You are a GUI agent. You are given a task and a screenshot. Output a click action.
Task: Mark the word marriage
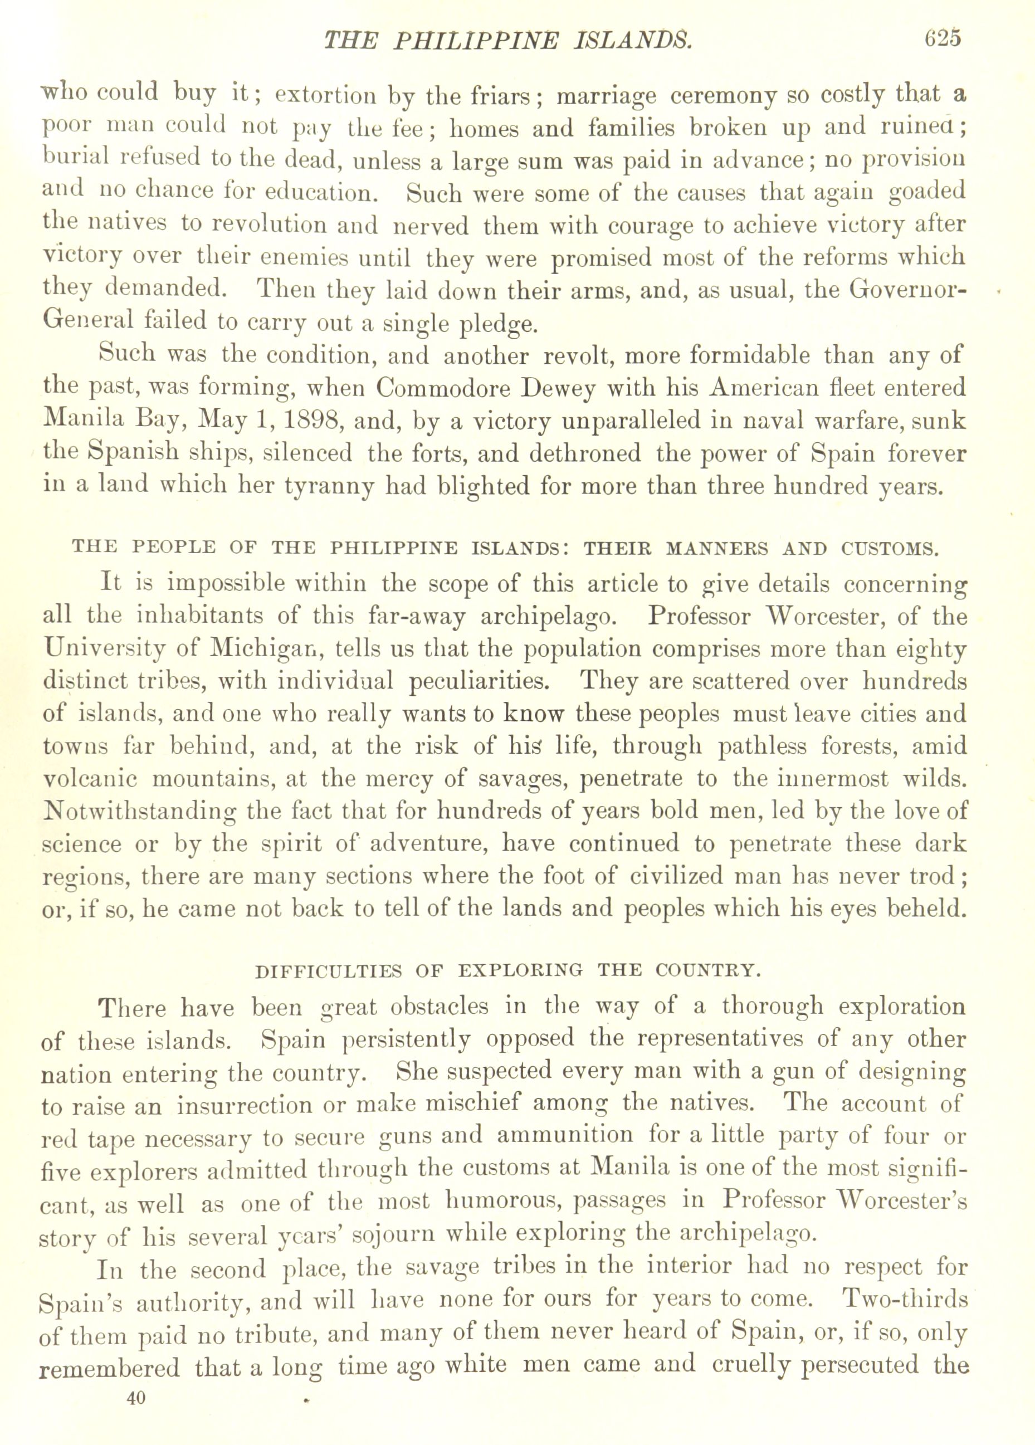pyautogui.click(x=606, y=96)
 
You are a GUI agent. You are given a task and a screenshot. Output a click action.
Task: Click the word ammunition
pyautogui.click(x=565, y=1135)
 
